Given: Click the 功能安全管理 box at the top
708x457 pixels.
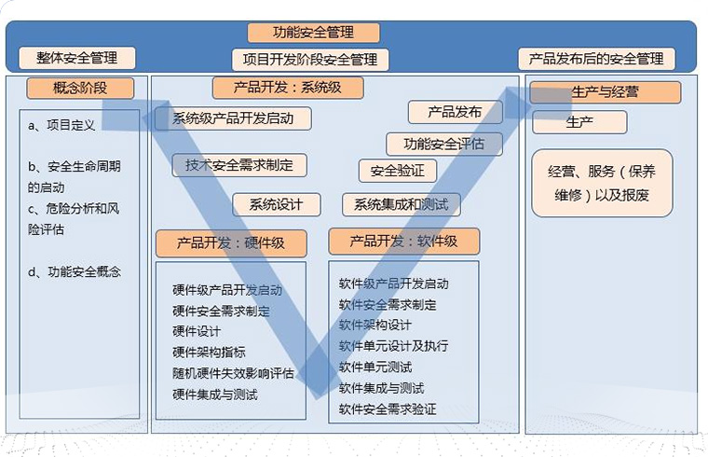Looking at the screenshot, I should click(313, 33).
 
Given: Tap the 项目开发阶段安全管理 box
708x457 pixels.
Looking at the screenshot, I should click(310, 60).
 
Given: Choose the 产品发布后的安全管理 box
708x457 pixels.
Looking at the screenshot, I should click(596, 59).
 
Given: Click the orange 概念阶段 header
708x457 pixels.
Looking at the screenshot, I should click(80, 89).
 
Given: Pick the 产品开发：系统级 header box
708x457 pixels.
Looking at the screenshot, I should click(288, 89).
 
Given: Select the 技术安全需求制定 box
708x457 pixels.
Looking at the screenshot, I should click(239, 165).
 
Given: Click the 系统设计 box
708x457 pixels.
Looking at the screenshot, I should click(277, 204).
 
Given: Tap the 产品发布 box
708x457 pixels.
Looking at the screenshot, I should click(455, 112).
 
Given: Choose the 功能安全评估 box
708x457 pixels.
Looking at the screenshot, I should click(444, 144).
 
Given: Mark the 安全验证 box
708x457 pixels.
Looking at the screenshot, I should click(397, 171).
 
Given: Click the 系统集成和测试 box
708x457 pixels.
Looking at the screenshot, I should click(401, 204).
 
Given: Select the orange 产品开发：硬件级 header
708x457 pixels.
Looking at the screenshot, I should click(231, 244).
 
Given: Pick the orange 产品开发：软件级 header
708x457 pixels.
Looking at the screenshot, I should click(403, 241).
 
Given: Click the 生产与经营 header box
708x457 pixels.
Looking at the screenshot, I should click(605, 92).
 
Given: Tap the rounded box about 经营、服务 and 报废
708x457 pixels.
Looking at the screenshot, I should click(602, 184).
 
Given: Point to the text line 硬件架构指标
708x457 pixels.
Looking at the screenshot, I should click(210, 352).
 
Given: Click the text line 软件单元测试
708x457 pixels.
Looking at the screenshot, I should click(375, 367).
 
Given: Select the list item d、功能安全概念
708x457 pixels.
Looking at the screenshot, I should click(75, 272).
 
